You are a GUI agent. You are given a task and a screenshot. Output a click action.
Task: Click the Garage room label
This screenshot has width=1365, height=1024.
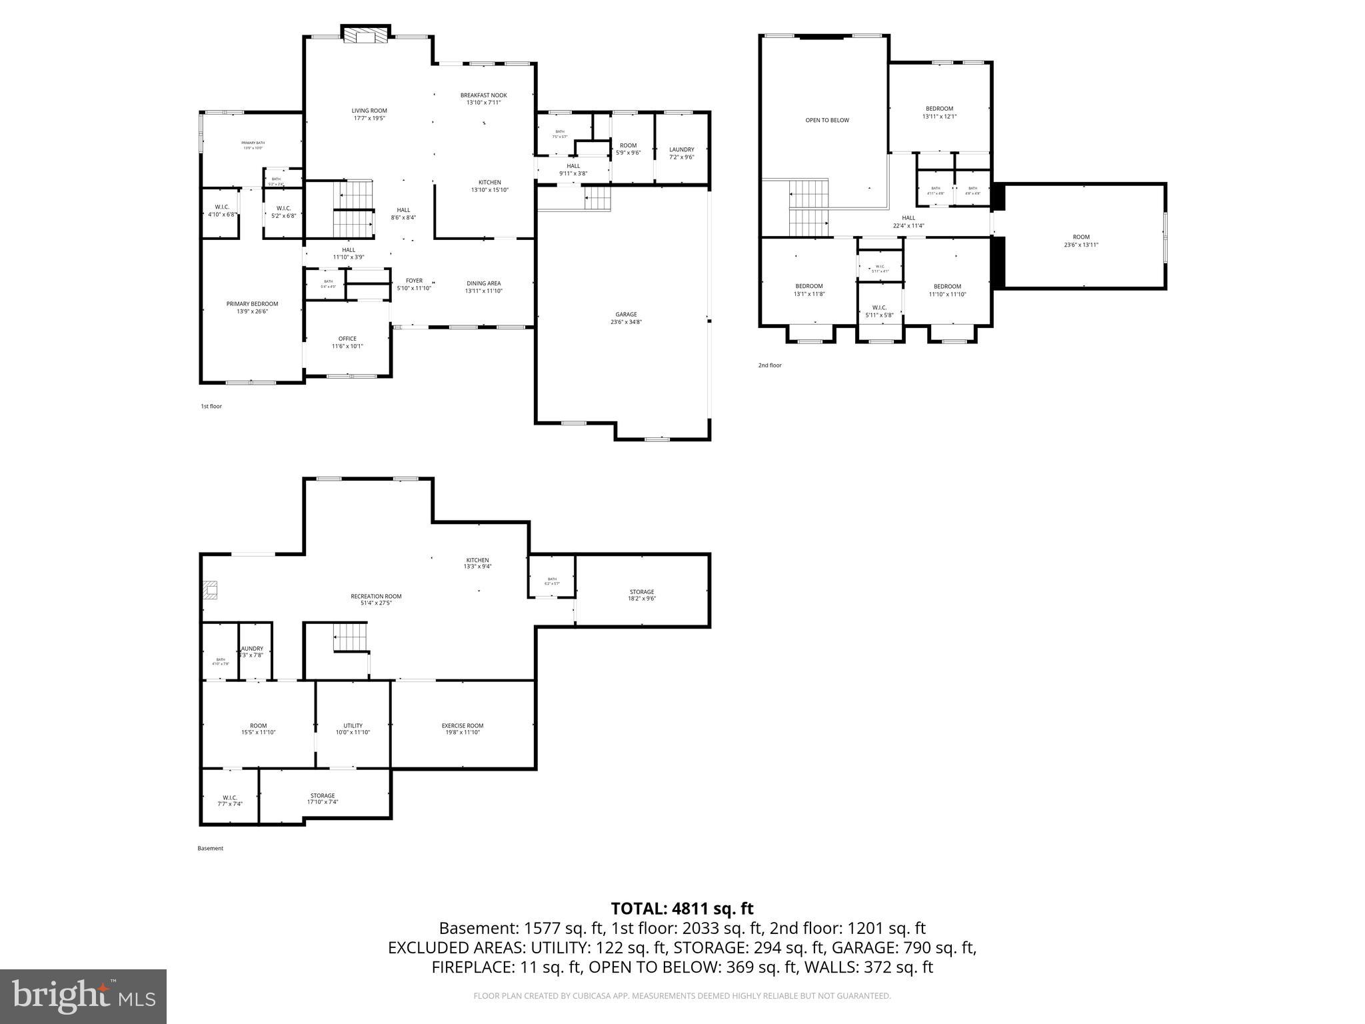click(x=626, y=318)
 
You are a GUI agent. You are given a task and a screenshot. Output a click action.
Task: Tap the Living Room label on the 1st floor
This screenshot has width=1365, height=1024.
click(x=369, y=114)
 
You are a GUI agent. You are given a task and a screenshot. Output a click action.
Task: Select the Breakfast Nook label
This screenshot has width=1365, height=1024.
click(x=483, y=99)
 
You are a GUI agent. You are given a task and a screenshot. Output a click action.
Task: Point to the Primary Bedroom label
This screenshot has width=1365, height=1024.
click(x=252, y=307)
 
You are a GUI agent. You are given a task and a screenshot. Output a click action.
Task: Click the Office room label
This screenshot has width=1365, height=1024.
click(x=347, y=342)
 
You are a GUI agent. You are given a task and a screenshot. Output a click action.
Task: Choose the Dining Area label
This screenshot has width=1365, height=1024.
click(x=483, y=287)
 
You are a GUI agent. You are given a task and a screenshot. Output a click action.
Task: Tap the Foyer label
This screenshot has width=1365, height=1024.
click(x=414, y=284)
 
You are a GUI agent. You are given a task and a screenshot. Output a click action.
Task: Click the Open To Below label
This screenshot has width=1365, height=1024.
click(x=827, y=120)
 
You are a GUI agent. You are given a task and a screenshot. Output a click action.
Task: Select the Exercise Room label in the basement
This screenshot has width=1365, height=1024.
click(x=463, y=729)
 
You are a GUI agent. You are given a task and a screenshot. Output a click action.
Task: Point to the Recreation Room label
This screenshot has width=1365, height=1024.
click(x=376, y=600)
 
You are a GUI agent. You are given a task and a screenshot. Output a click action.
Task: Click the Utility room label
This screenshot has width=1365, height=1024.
click(x=353, y=729)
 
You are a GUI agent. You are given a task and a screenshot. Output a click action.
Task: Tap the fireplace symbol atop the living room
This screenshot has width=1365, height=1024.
click(x=366, y=35)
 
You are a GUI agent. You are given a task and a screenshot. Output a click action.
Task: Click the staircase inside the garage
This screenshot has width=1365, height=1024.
click(x=597, y=198)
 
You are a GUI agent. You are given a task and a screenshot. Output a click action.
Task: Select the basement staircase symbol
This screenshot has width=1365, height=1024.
click(x=350, y=637)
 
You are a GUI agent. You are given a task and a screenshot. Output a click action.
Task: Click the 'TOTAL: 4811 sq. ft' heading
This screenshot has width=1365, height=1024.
click(x=682, y=908)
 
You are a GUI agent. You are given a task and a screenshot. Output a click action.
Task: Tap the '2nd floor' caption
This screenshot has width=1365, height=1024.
click(x=770, y=365)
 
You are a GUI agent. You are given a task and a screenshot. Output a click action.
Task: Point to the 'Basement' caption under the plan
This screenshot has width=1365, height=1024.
click(x=210, y=848)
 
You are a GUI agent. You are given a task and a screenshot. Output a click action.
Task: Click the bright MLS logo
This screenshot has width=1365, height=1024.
click(x=83, y=996)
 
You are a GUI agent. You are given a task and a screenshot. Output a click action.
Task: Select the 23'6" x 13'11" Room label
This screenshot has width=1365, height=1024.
click(x=1081, y=241)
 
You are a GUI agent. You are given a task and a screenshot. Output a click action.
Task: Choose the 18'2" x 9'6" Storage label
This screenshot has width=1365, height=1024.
click(x=642, y=595)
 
